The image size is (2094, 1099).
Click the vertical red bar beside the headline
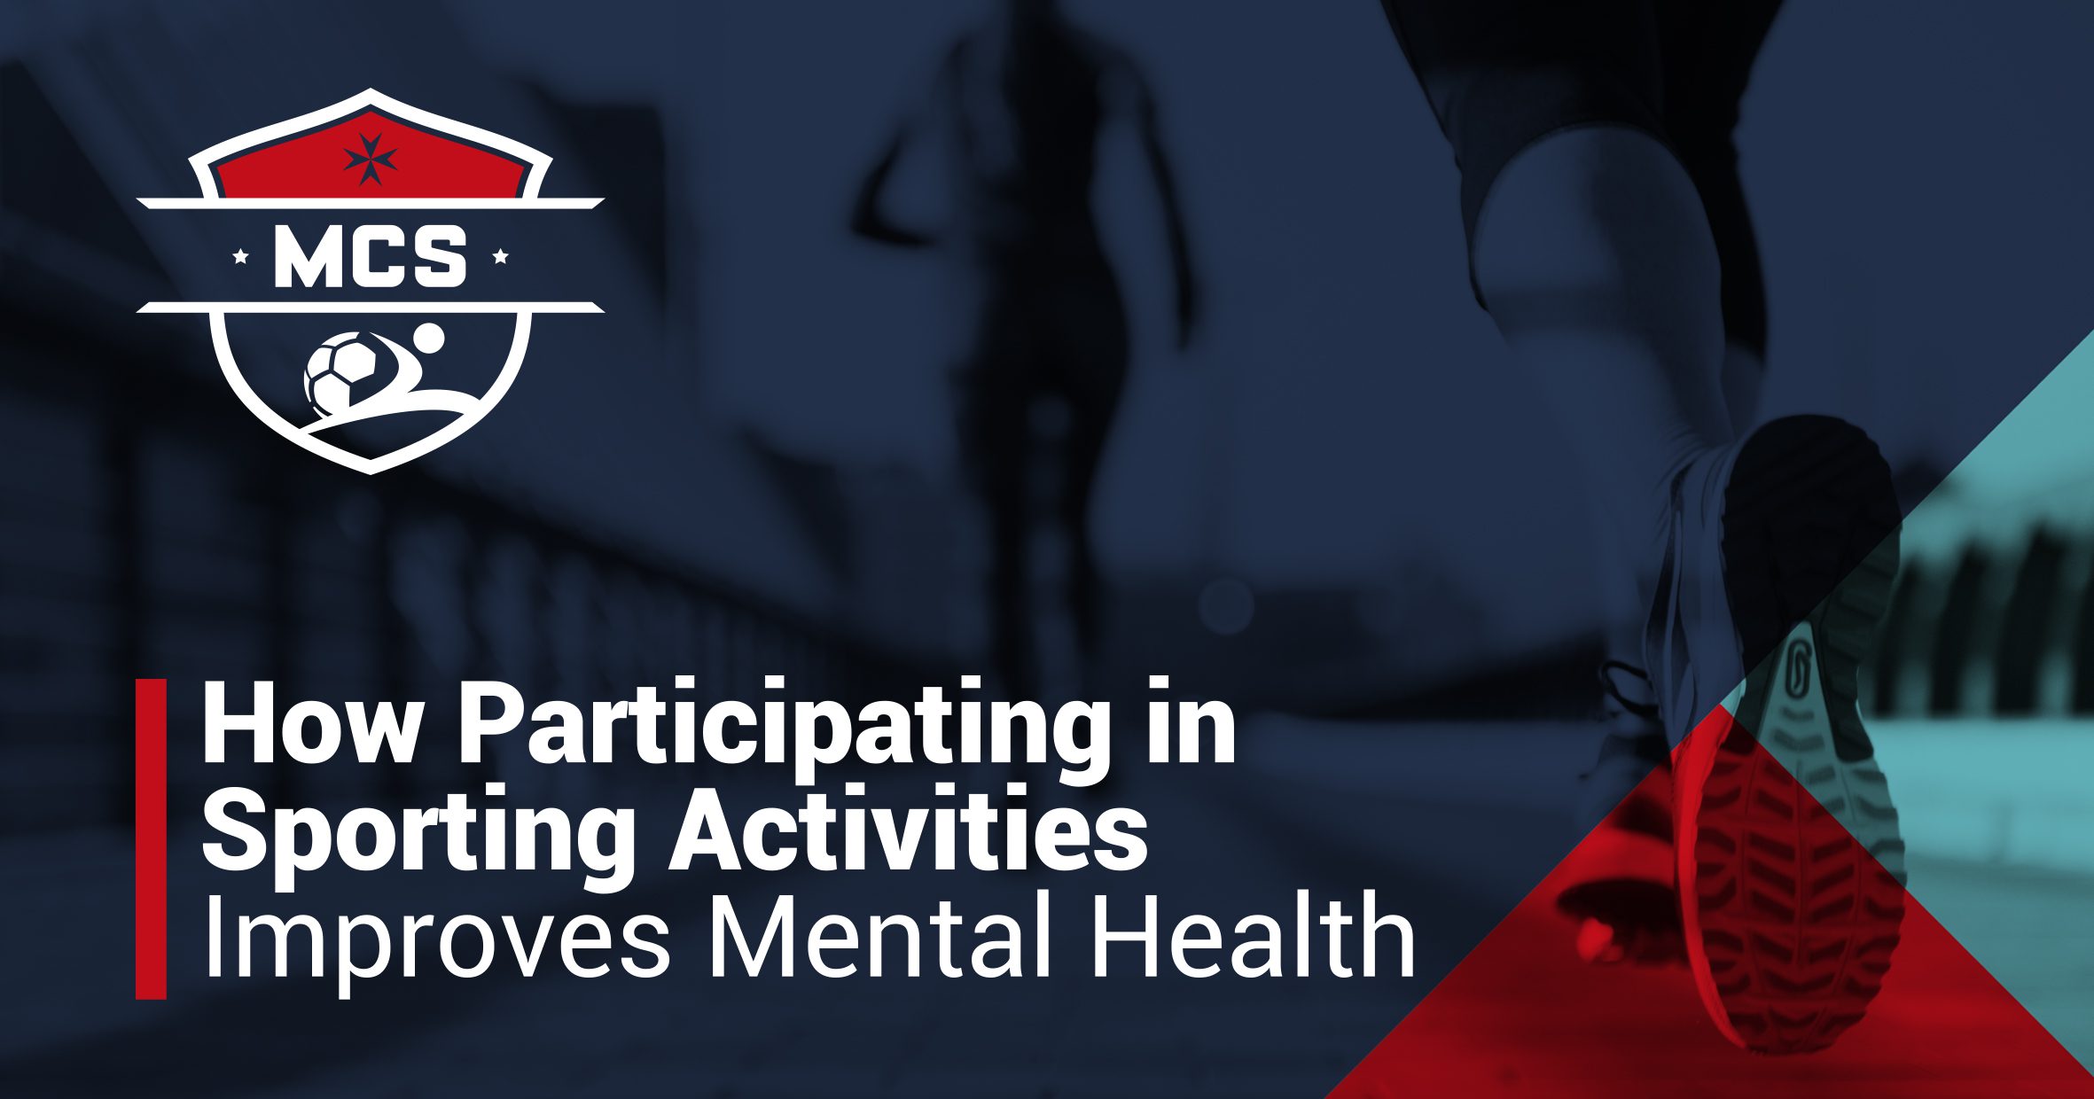point(151,838)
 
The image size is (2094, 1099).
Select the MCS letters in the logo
point(370,257)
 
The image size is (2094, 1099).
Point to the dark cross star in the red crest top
point(370,160)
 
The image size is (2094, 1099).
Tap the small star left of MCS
point(239,258)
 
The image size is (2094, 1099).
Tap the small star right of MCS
point(500,257)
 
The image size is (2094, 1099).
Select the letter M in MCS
point(308,257)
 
